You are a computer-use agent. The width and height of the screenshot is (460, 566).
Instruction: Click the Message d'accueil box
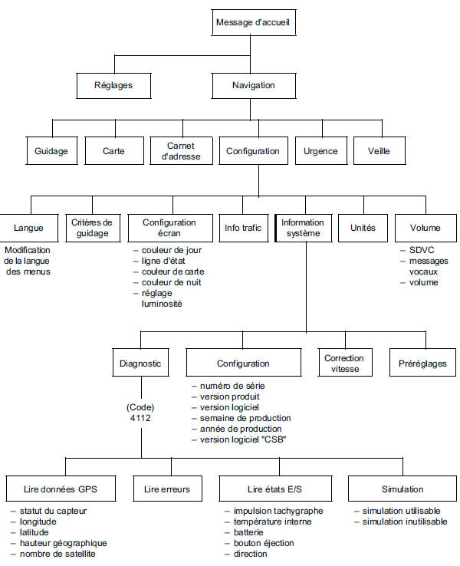253,23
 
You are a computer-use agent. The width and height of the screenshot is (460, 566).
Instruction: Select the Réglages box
112,85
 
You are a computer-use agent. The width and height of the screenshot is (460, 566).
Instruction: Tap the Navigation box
253,85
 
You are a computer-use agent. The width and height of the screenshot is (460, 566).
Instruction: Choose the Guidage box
51,151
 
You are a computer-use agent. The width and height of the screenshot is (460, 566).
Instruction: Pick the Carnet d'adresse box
182,151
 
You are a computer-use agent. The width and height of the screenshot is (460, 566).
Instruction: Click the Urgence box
320,151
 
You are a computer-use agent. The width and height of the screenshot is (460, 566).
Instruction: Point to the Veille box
379,151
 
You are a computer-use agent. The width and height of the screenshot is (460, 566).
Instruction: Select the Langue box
28,228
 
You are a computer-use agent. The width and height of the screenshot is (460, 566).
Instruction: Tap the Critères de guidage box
91,228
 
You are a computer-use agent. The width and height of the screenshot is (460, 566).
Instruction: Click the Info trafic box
242,228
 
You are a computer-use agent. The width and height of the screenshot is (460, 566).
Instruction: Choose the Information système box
303,228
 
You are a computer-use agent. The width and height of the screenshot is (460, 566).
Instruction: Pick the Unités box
363,228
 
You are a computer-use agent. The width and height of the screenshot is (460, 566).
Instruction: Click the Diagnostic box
141,364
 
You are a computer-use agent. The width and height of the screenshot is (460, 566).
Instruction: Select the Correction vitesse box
344,364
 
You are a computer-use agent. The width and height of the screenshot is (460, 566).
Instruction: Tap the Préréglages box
422,364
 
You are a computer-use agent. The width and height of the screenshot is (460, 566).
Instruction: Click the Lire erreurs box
166,489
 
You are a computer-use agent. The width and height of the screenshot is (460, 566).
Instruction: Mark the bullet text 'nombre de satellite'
58,554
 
